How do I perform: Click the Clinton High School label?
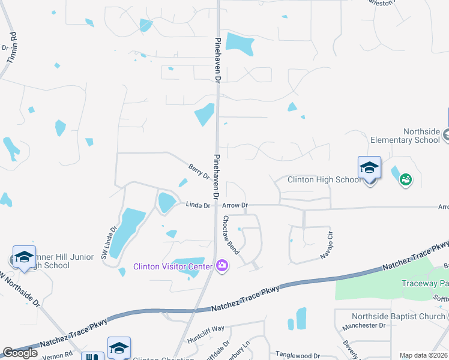click(x=324, y=179)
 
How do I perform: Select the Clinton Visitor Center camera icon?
click(x=222, y=265)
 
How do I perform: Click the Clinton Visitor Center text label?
click(x=172, y=266)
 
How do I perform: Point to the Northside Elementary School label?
click(x=405, y=136)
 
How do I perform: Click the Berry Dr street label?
click(x=199, y=172)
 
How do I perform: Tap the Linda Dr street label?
click(x=197, y=205)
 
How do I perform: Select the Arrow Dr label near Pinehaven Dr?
click(x=235, y=205)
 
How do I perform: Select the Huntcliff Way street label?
click(x=206, y=329)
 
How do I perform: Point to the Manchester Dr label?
click(x=362, y=326)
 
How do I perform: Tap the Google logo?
click(x=20, y=353)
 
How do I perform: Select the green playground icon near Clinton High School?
click(x=406, y=179)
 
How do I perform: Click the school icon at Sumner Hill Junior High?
click(x=23, y=258)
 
